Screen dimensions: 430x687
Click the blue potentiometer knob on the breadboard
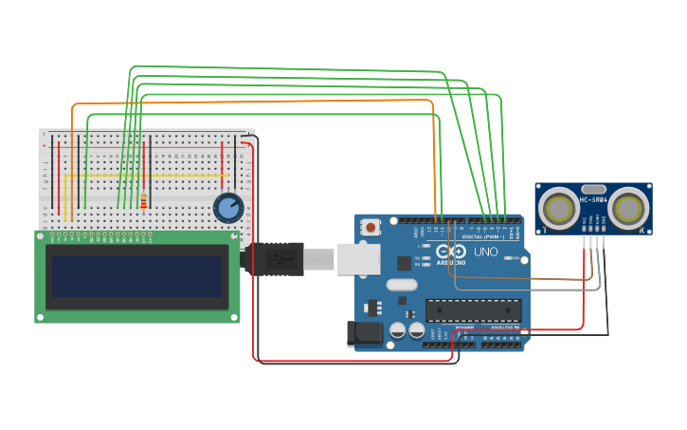(x=228, y=207)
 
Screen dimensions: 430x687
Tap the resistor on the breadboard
(x=143, y=201)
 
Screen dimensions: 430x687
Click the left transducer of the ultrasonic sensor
(x=558, y=208)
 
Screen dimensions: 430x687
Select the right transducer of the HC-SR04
(x=628, y=208)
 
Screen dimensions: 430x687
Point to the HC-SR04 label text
(x=593, y=200)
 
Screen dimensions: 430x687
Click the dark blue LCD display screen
(x=137, y=276)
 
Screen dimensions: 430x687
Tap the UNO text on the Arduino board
(x=485, y=252)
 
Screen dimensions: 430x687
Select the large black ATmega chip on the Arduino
(x=474, y=309)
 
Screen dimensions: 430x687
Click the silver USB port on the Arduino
(x=358, y=259)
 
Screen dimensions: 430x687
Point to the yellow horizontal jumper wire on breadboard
(x=142, y=176)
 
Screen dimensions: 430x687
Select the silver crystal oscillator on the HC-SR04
(x=593, y=189)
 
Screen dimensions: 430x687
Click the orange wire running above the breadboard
(x=256, y=101)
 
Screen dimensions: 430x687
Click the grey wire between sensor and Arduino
(x=531, y=290)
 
